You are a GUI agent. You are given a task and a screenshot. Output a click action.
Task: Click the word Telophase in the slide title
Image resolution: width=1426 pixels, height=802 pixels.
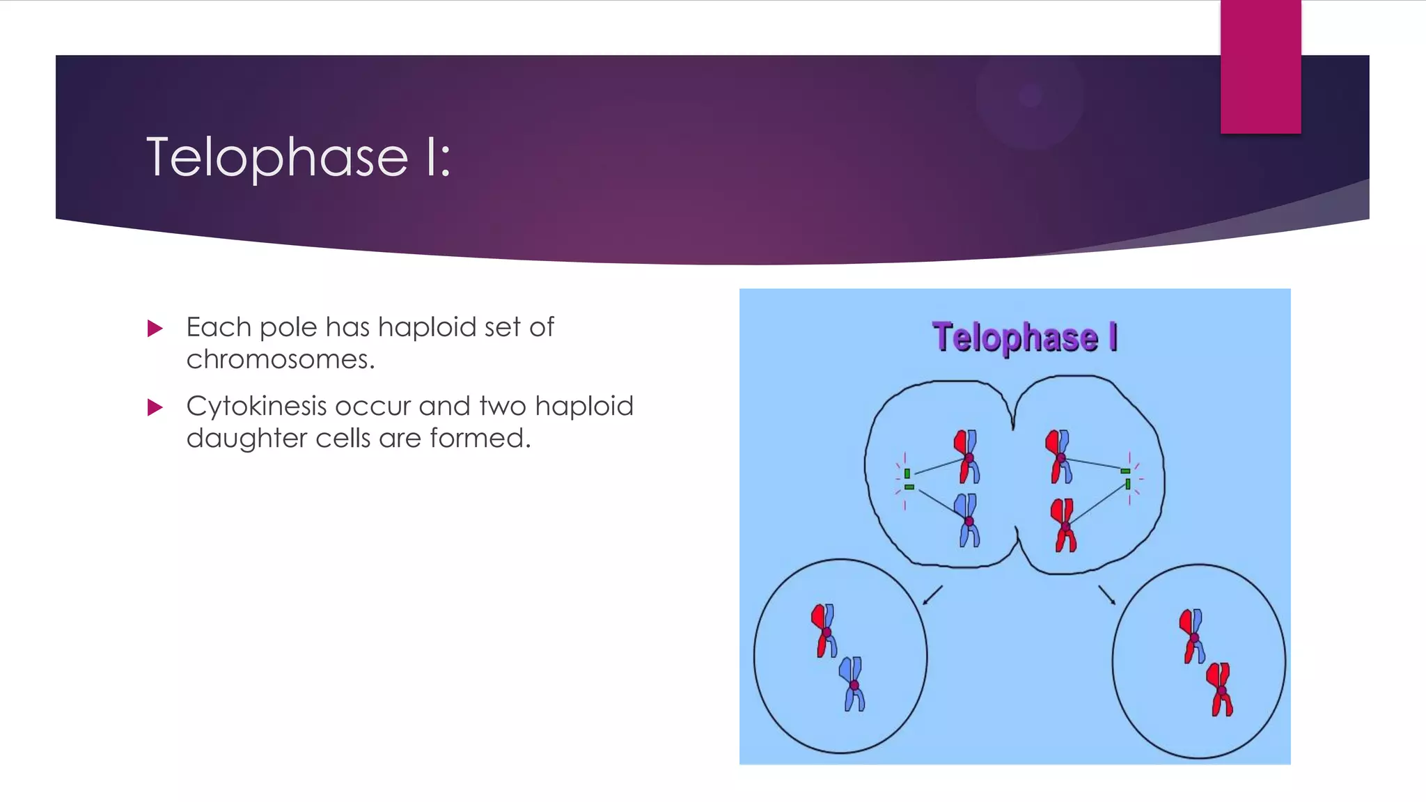[276, 157]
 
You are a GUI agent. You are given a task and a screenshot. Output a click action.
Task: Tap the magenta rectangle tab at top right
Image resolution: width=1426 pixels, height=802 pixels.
[1260, 68]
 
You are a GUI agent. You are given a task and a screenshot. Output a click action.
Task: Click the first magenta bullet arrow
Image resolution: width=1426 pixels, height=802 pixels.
[155, 328]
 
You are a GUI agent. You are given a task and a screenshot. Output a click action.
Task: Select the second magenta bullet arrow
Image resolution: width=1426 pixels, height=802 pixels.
[155, 407]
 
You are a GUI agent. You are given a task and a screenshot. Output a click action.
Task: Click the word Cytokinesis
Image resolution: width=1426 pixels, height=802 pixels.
[256, 406]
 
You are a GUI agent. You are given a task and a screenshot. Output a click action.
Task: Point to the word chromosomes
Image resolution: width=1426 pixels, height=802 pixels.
[280, 360]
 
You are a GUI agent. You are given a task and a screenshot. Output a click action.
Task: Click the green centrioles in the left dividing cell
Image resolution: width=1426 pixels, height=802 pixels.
[908, 480]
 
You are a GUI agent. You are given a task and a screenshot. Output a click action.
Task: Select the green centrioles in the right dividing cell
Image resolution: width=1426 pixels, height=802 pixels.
[1127, 478]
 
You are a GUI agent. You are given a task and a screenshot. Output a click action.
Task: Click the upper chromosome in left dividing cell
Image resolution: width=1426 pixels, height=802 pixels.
[967, 457]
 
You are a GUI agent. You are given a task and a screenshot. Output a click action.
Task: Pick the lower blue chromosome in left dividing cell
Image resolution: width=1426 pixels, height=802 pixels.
[967, 520]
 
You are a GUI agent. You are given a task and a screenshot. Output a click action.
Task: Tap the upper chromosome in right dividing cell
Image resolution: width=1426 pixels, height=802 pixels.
[1059, 457]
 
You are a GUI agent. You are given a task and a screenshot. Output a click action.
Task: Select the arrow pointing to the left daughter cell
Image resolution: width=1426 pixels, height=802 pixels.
[932, 595]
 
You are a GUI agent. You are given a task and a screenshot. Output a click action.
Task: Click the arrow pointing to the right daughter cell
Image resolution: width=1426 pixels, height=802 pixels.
[1107, 595]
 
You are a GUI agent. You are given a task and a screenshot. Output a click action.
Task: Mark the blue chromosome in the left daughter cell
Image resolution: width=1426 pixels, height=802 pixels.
[853, 684]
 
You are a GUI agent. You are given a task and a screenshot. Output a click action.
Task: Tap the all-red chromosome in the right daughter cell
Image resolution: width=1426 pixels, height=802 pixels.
[1221, 689]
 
